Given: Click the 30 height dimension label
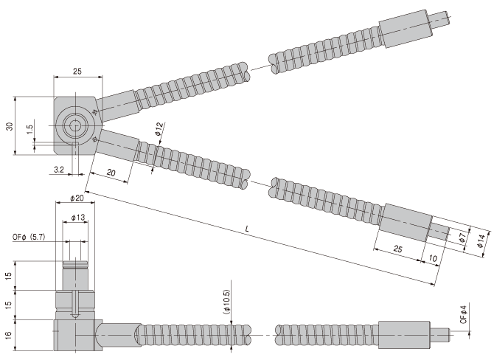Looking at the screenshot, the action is (x=10, y=126).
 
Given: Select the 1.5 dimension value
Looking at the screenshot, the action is (x=29, y=129).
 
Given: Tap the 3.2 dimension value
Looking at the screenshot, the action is (x=59, y=170).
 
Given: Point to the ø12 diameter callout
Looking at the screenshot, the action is (x=160, y=128).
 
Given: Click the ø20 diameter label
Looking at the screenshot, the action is (x=77, y=198).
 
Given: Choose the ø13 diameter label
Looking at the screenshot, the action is (x=78, y=217).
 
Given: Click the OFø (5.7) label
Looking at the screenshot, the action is (x=29, y=237).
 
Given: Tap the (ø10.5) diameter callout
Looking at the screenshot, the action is (x=227, y=302).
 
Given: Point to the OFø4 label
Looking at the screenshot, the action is (x=463, y=314).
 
